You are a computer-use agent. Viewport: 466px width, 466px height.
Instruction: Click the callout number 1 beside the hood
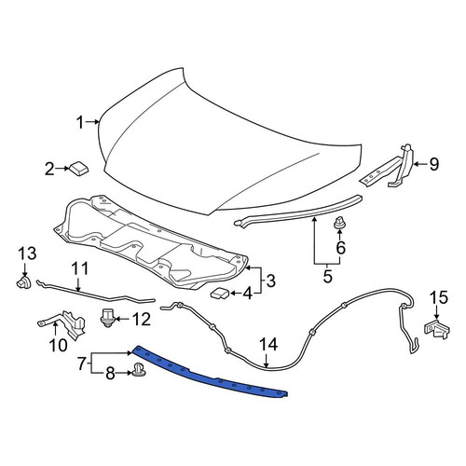80,122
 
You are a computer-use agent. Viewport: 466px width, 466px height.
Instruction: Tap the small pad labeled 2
78,168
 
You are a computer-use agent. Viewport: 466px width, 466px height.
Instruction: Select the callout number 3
270,281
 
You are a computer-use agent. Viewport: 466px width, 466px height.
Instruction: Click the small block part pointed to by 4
220,293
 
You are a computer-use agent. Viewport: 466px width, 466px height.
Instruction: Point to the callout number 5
328,276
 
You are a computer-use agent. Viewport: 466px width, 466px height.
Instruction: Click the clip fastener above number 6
339,224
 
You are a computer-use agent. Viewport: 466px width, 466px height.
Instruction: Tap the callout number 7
81,363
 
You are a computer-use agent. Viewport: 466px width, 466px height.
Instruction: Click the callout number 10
58,345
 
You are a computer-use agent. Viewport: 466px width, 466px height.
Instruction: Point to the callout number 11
80,268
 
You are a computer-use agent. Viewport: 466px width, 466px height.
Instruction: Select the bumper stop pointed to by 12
107,317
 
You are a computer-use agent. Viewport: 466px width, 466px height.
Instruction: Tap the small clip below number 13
23,282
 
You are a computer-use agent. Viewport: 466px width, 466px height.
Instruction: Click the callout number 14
268,345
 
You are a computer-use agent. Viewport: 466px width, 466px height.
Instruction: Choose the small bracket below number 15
437,330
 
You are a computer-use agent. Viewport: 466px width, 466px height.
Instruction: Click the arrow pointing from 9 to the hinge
419,164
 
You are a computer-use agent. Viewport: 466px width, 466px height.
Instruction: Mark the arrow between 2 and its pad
62,169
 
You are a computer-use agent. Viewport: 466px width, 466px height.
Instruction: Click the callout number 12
142,319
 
